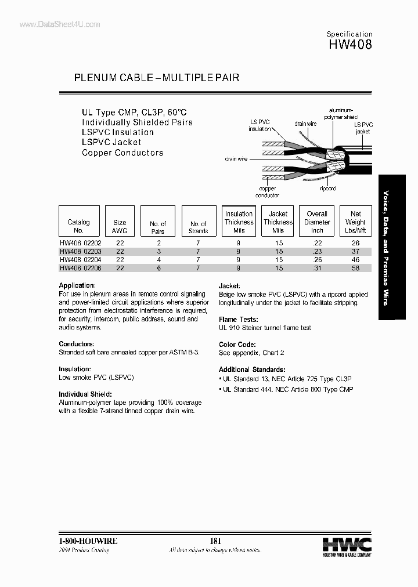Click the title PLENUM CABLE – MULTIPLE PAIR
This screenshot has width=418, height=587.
coord(157,78)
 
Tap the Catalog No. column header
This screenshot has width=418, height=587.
coord(79,226)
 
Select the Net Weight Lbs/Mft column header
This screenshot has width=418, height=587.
coord(355,222)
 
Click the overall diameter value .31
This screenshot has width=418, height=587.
coord(317,269)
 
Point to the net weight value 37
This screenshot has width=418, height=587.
coord(355,252)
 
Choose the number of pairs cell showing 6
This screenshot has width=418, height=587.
coord(158,269)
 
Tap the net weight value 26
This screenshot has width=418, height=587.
coord(355,244)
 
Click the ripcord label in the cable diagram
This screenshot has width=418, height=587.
coord(328,189)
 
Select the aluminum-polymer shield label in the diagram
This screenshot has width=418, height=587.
coord(342,113)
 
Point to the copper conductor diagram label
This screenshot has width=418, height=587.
coord(267,192)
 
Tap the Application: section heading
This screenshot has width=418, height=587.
coord(77,285)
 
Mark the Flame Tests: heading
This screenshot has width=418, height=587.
coord(239,320)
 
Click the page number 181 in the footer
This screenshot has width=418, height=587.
coord(215,541)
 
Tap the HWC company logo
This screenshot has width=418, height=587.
coord(347,546)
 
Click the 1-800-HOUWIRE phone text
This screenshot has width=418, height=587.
coord(89,541)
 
